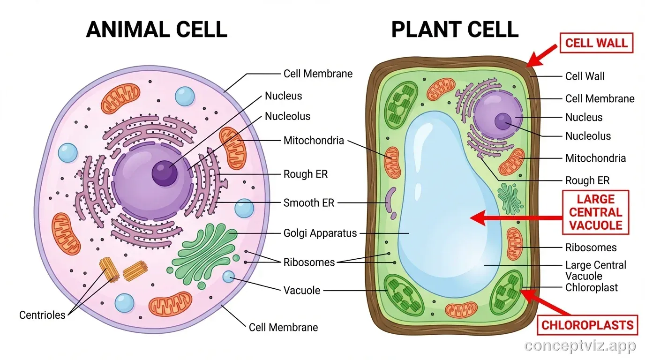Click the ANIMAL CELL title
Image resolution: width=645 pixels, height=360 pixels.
click(x=157, y=29)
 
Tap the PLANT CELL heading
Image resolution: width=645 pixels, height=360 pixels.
click(x=454, y=29)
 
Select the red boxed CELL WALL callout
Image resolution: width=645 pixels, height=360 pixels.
click(x=596, y=43)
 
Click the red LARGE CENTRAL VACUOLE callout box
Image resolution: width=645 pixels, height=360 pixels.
click(x=595, y=212)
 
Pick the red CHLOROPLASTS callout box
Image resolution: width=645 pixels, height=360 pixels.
click(x=587, y=325)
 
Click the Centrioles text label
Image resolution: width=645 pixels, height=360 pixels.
click(x=42, y=315)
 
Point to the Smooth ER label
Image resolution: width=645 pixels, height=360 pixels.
click(x=308, y=203)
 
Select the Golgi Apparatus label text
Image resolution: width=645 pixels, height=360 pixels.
click(x=320, y=233)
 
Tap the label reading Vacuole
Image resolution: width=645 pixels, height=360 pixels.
click(x=302, y=290)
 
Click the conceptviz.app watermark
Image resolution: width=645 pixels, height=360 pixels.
click(x=580, y=346)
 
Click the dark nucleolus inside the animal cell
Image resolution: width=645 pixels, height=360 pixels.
click(x=165, y=173)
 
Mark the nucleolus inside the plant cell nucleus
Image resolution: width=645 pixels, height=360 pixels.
click(x=502, y=121)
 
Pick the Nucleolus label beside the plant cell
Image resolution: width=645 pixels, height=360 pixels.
click(x=588, y=136)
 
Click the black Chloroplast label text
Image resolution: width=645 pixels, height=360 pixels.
click(x=592, y=287)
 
